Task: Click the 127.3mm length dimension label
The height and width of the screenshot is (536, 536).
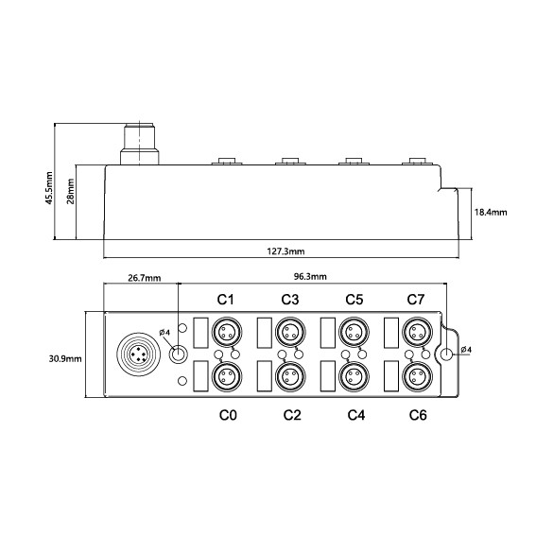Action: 285,251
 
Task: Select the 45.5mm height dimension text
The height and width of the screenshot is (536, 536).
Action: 49,188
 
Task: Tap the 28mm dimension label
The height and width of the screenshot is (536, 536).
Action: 70,191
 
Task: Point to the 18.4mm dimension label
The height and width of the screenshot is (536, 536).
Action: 491,213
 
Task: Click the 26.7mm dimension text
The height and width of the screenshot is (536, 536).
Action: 145,278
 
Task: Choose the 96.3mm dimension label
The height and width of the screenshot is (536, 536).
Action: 310,277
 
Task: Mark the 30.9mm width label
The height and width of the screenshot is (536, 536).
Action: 65,359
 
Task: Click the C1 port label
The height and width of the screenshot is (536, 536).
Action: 226,300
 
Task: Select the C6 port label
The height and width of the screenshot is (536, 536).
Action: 418,415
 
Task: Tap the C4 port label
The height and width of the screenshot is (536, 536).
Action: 355,415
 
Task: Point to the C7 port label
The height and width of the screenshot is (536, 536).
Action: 416,300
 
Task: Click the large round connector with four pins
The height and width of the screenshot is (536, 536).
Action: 138,354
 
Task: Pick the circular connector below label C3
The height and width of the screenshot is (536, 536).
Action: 290,332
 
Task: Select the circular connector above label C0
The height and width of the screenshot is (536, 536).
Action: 227,376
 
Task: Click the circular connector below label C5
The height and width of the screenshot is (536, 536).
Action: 354,332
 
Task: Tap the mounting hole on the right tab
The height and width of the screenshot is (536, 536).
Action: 446,354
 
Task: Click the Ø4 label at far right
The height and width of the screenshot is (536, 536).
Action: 466,350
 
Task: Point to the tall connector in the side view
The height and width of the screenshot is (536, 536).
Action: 140,145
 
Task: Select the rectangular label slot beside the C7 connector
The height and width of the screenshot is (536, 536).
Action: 391,333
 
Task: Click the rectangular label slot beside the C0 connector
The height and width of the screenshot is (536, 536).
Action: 201,376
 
